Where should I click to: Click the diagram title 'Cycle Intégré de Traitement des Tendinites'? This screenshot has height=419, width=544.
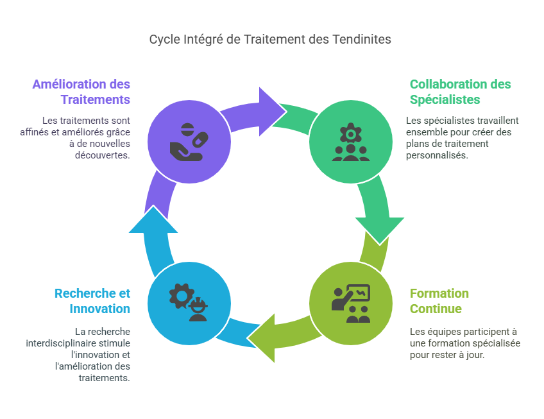click(x=270, y=39)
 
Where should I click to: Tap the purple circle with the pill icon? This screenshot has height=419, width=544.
click(x=189, y=141)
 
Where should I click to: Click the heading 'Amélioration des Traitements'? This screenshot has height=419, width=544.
click(x=81, y=92)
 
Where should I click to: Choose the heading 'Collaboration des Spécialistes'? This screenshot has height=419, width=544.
click(x=460, y=92)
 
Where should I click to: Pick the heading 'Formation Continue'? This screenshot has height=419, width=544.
click(x=439, y=301)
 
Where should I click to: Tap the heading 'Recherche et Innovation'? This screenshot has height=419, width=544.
click(x=92, y=301)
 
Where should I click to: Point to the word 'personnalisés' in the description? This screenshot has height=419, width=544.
click(x=434, y=155)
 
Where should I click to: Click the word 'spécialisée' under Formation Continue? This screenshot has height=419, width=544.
click(x=493, y=343)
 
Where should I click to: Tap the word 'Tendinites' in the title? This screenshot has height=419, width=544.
click(x=362, y=39)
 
